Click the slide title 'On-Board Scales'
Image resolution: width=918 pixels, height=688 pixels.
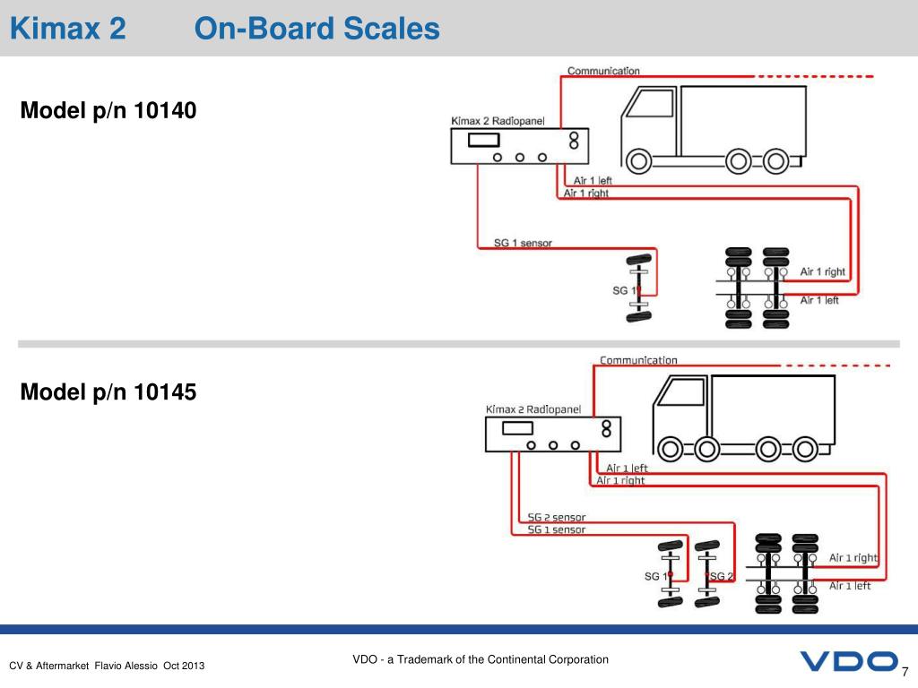317,30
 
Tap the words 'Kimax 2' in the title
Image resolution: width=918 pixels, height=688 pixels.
67,30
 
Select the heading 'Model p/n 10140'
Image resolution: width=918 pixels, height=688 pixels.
108,111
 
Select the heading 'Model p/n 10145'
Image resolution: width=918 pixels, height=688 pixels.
108,391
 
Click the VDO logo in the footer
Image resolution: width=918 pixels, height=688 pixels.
847,662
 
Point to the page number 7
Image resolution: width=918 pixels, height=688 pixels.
905,673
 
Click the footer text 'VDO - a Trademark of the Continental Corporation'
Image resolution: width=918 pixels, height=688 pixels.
481,660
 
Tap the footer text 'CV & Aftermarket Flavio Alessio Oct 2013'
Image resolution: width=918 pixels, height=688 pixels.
107,666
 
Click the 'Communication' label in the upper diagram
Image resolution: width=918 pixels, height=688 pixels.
603,71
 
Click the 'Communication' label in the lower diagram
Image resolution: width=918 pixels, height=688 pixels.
638,360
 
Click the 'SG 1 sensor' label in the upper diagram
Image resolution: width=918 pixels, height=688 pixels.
523,243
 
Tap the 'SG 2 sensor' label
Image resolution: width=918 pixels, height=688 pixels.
556,517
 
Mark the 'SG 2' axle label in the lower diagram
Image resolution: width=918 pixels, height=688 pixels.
722,576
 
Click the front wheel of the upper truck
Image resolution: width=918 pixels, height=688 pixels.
638,161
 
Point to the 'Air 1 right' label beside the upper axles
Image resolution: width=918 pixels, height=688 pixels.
822,271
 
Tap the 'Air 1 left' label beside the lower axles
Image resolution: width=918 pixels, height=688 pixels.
849,586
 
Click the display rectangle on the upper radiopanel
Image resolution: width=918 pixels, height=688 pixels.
484,140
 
